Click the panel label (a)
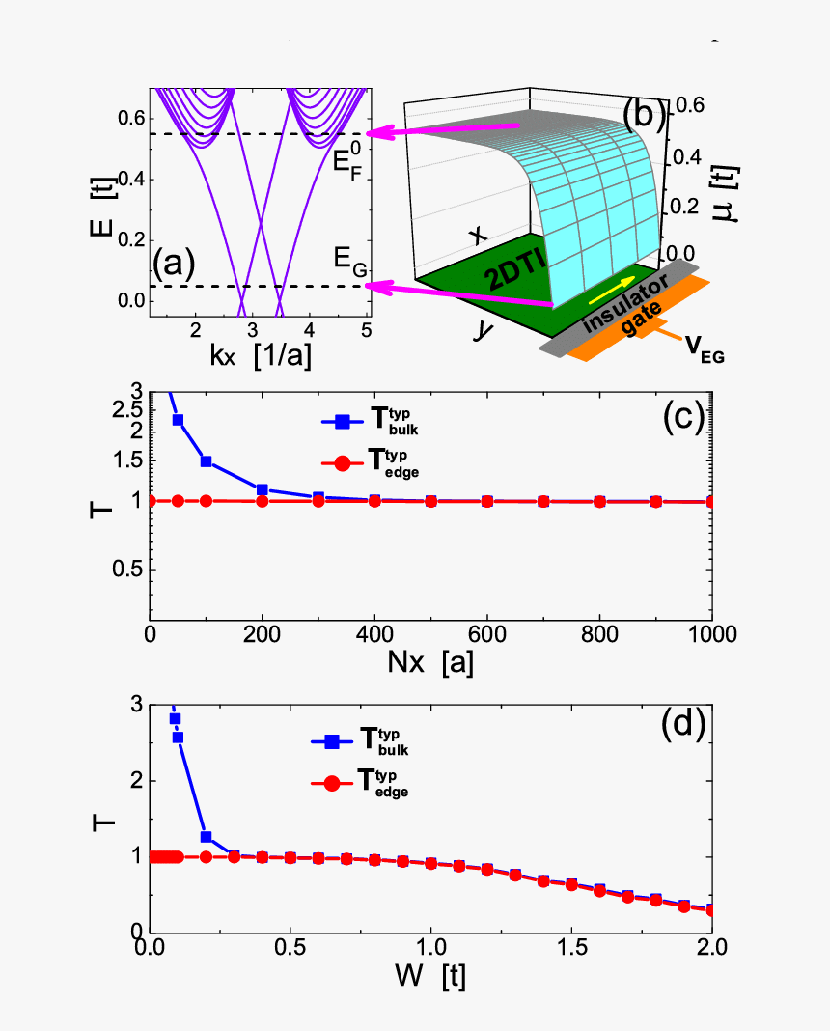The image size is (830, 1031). [175, 261]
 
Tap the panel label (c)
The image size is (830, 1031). [687, 417]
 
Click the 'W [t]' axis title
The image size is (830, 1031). [429, 976]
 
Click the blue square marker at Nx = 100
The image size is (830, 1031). [206, 461]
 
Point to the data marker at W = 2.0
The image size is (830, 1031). [712, 909]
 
